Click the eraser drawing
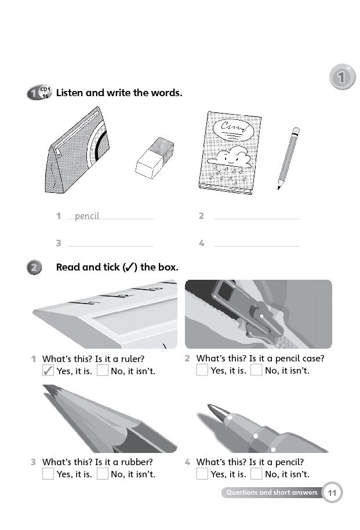pyautogui.click(x=155, y=158)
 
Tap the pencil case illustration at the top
pyautogui.click(x=77, y=150)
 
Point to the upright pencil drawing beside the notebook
pyautogui.click(x=289, y=158)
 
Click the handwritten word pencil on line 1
pyautogui.click(x=87, y=215)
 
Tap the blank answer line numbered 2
pyautogui.click(x=256, y=219)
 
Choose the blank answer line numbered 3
pyautogui.click(x=111, y=246)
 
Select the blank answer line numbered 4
pyautogui.click(x=256, y=246)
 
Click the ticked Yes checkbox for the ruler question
pyautogui.click(x=48, y=371)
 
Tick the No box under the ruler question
pyautogui.click(x=103, y=371)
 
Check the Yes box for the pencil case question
pyautogui.click(x=202, y=370)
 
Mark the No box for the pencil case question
pyautogui.click(x=256, y=370)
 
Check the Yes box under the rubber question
pyautogui.click(x=48, y=474)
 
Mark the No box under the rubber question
pyautogui.click(x=103, y=474)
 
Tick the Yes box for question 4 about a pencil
pyautogui.click(x=202, y=474)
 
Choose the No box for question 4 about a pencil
pyautogui.click(x=256, y=474)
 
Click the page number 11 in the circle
pyautogui.click(x=332, y=492)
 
